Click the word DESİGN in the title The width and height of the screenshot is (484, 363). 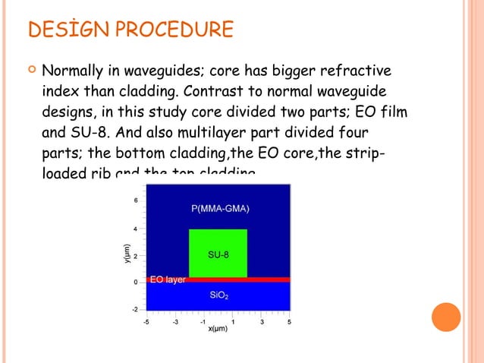coord(62,30)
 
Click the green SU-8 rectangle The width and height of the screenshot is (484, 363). coord(218,253)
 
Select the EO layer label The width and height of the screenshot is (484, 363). coord(168,280)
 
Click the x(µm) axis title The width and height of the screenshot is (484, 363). coord(218,329)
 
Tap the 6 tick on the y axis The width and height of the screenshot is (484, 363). coord(135,200)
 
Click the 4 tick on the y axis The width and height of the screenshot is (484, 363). coord(135,228)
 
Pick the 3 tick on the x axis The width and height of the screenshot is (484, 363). coord(261,321)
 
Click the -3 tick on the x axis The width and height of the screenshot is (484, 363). coord(174,321)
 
